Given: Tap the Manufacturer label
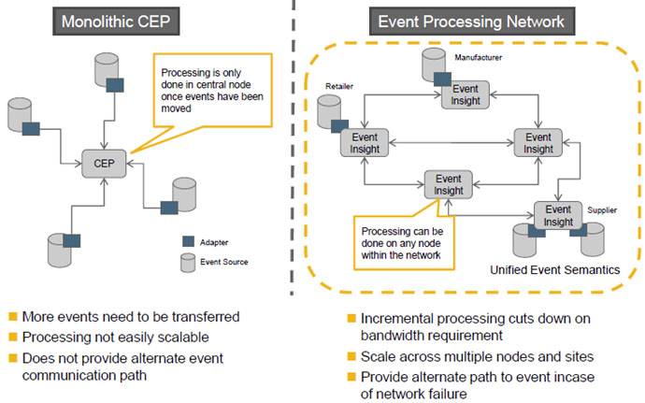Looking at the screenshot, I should (480, 58).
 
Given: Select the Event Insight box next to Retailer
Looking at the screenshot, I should (365, 142).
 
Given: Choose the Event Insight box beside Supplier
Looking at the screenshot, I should (557, 215).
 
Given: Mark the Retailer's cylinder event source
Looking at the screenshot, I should (330, 112).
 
